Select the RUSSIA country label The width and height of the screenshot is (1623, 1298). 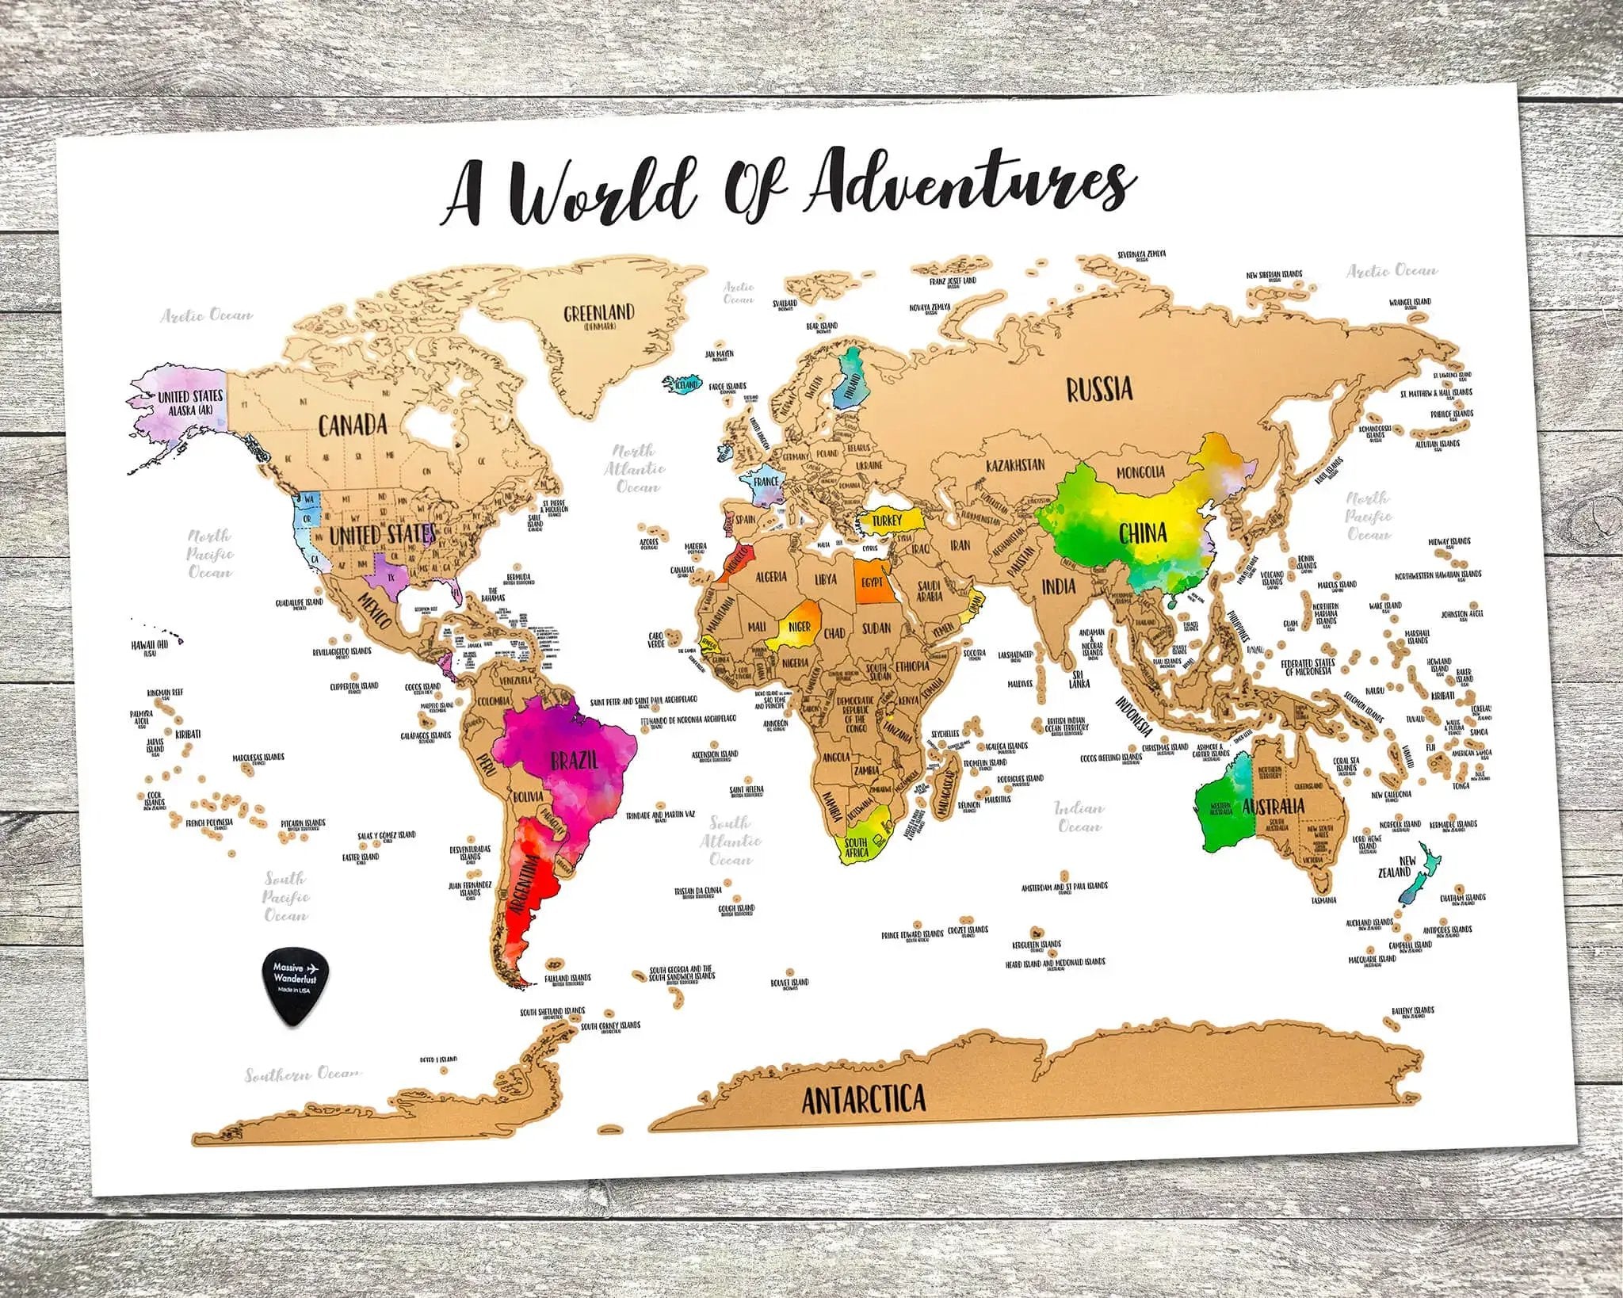click(x=1098, y=389)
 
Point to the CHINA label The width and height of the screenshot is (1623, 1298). click(x=1143, y=533)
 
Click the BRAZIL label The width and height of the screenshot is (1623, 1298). click(x=574, y=760)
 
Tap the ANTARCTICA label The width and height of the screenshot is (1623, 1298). click(x=863, y=1100)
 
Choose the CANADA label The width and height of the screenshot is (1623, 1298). click(x=353, y=425)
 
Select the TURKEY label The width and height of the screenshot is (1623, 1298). click(x=888, y=521)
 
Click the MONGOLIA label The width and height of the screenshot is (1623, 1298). click(x=1140, y=472)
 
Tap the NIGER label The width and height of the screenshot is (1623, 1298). click(x=799, y=628)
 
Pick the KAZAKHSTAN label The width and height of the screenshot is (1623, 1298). click(x=1015, y=464)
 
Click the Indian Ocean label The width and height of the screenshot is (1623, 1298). click(x=1079, y=817)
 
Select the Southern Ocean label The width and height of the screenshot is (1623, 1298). click(x=302, y=1075)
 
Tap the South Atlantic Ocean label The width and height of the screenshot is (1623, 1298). click(x=731, y=840)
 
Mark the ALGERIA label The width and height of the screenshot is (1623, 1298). click(x=770, y=576)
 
